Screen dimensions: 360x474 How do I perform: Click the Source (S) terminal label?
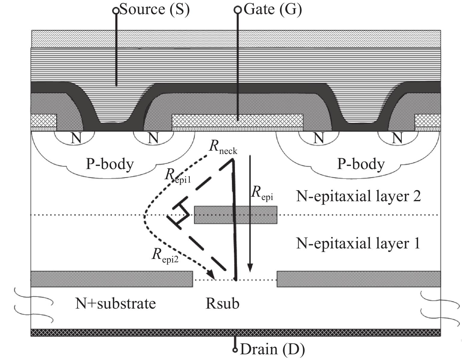click(154, 10)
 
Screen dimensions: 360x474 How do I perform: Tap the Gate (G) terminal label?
click(272, 10)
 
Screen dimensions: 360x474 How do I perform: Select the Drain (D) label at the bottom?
click(272, 349)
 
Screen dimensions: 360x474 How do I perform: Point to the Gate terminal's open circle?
click(238, 10)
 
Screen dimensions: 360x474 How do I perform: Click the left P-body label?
click(110, 164)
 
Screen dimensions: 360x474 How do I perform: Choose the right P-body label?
click(361, 164)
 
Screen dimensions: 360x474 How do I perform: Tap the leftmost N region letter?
click(76, 138)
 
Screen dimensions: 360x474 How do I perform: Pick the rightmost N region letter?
click(397, 138)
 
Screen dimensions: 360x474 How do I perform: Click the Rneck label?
click(223, 147)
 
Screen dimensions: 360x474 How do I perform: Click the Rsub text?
click(222, 303)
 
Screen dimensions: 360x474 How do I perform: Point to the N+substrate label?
click(116, 303)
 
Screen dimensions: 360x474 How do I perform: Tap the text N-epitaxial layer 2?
click(358, 196)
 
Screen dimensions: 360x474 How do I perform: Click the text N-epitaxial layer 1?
click(358, 243)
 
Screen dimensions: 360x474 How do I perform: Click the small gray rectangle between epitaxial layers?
click(235, 215)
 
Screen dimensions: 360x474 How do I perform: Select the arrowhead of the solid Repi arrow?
click(250, 268)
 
